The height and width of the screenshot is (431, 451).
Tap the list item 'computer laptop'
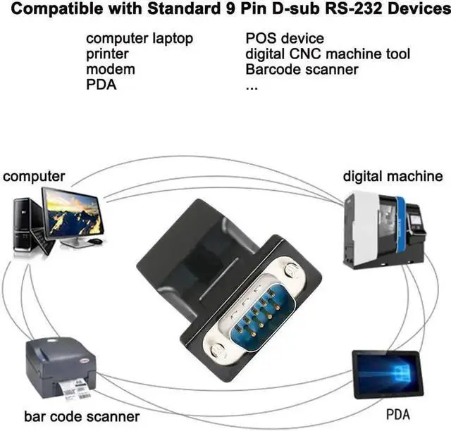[139, 38]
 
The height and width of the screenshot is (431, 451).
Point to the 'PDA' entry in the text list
[101, 85]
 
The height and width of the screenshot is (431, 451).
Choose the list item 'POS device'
[284, 38]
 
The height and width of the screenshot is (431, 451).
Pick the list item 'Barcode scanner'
[302, 69]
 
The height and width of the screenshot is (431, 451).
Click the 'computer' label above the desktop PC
[34, 176]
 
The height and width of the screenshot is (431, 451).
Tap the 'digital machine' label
[393, 176]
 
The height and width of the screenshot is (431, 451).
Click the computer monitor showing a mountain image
[72, 213]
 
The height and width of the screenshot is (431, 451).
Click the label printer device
[61, 368]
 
